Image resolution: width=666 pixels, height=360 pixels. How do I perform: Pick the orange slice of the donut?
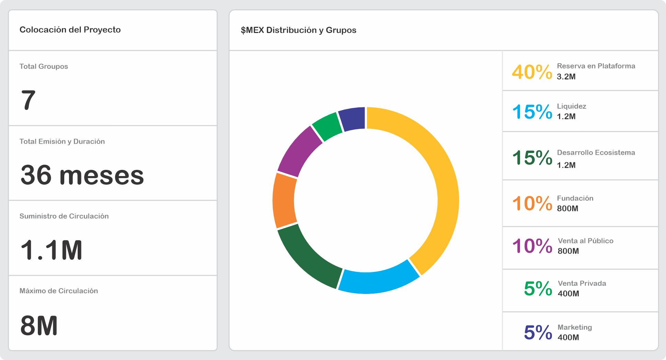click(285, 200)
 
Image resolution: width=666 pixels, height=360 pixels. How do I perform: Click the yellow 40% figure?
click(532, 72)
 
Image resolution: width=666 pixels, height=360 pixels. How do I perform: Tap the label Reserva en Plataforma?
click(596, 66)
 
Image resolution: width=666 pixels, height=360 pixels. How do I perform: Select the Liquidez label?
click(571, 106)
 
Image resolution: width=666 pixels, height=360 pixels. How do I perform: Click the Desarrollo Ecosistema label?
click(596, 153)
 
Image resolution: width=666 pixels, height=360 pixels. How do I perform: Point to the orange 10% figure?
click(532, 204)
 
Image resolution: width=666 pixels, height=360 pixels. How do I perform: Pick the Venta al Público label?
click(586, 241)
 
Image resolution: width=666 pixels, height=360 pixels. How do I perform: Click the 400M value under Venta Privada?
click(568, 294)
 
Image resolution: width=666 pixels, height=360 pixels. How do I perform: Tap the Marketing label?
click(575, 327)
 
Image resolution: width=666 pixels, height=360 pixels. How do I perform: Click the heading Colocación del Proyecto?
click(70, 30)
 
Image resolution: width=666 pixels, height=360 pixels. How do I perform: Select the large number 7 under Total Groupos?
click(28, 100)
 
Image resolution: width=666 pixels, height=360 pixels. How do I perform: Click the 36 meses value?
click(82, 175)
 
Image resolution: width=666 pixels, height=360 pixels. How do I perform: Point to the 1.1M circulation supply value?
click(52, 250)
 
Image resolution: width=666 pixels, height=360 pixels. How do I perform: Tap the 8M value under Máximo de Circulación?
click(39, 326)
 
